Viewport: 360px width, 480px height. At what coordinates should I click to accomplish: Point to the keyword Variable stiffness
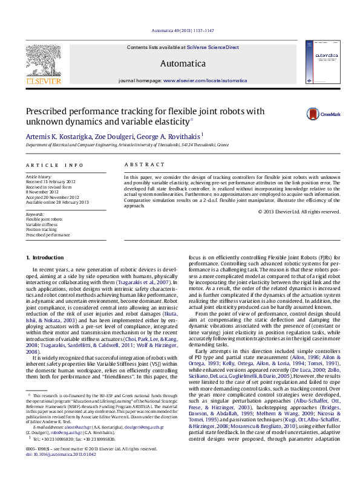point(42,224)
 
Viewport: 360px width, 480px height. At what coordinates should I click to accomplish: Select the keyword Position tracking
point(42,229)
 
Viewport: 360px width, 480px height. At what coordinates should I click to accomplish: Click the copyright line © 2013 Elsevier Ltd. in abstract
point(299,212)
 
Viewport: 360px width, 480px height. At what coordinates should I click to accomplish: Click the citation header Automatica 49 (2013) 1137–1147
point(180,30)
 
